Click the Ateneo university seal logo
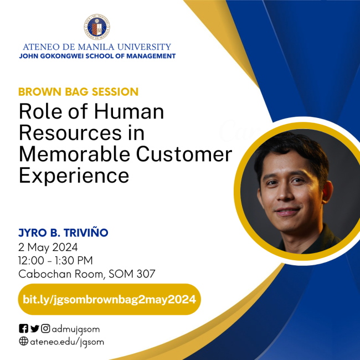tap(97, 26)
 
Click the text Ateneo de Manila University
tap(97, 47)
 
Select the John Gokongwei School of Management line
tap(97, 56)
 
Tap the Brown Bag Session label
tap(78, 91)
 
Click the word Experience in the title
tap(74, 175)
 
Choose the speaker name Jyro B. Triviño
tap(63, 233)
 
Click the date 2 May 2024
tap(48, 247)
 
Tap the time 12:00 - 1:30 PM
tap(55, 260)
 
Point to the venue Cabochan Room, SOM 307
tap(87, 274)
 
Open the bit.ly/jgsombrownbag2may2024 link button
tap(109, 299)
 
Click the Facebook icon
tap(23, 328)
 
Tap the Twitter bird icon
tap(34, 328)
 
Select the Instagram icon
tap(45, 328)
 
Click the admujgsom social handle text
tap(76, 329)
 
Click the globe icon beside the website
tap(23, 341)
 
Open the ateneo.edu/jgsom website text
tap(67, 342)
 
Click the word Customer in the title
tap(182, 154)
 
